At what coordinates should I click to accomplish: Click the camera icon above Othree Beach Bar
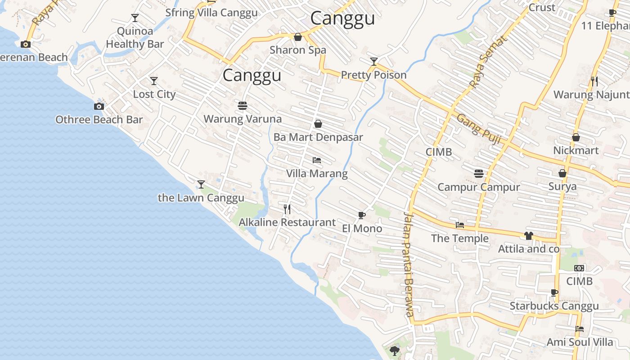coord(99,107)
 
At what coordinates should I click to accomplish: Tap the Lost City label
coord(154,94)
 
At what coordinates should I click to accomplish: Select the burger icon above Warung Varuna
coord(243,106)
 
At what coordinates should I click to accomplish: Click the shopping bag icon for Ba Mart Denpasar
coord(318,124)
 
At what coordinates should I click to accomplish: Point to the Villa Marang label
coord(317,174)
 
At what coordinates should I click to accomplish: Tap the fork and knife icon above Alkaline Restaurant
coord(287,209)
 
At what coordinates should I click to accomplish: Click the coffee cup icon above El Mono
coord(362,216)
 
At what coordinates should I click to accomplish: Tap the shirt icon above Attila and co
coord(529,236)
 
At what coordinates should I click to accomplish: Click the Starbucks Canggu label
coord(554,306)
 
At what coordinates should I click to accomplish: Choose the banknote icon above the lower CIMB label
coord(579,268)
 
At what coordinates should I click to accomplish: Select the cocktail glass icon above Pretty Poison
coord(374,61)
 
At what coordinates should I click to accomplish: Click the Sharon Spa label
coord(297,50)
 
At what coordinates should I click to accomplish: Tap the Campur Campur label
coord(478,187)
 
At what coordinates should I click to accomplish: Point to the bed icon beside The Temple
coord(459,225)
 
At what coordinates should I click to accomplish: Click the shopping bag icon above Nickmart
coord(576,137)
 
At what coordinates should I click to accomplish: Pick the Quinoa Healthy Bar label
coord(135,38)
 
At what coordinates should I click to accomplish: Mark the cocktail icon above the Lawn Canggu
coord(201,184)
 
